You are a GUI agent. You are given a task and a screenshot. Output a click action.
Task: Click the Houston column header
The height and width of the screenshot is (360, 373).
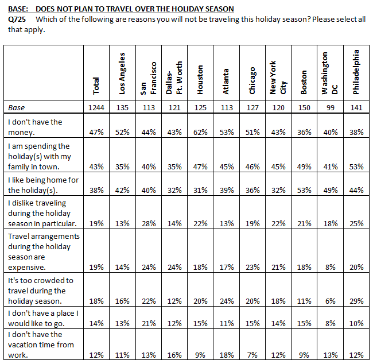[x=200, y=80]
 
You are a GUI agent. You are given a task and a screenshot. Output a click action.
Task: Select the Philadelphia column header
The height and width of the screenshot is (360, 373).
[x=356, y=72]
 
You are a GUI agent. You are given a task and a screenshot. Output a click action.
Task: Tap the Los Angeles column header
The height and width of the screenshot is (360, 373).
[x=122, y=73]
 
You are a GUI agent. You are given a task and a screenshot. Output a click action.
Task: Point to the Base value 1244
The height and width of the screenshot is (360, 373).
[x=96, y=108]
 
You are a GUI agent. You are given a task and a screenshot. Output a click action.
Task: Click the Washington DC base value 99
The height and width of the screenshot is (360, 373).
[x=330, y=108]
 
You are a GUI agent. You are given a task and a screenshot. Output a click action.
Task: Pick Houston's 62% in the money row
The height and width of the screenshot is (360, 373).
[x=200, y=132]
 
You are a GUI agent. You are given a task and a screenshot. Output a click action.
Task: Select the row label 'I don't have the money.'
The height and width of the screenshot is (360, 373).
[x=35, y=127]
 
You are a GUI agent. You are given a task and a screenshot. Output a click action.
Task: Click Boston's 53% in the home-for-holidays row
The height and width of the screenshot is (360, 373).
[x=304, y=191]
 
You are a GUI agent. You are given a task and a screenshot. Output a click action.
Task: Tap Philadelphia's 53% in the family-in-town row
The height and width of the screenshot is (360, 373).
[x=356, y=167]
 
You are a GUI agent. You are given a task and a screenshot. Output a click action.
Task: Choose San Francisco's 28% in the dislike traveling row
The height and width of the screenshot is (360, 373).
[x=149, y=224]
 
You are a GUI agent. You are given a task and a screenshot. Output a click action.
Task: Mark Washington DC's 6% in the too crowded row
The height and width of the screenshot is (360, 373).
[x=330, y=301]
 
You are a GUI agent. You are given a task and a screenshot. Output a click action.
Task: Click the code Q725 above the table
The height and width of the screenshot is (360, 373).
[x=17, y=20]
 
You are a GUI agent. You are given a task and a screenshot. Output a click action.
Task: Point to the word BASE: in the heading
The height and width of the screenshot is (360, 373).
[x=18, y=9]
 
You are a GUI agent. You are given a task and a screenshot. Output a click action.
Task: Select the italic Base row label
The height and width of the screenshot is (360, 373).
[x=17, y=108]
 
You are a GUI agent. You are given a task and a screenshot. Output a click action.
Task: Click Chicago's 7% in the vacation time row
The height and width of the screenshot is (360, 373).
[x=252, y=355]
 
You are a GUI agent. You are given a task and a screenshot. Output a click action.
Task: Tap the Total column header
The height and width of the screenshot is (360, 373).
[x=96, y=86]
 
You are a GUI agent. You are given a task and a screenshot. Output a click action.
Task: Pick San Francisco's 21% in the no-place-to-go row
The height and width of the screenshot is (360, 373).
[x=149, y=324]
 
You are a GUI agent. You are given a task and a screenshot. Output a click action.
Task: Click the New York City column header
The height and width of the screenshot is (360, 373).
[x=278, y=78]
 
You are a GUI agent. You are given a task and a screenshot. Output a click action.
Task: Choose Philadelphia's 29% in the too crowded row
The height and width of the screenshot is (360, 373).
[x=356, y=301]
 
